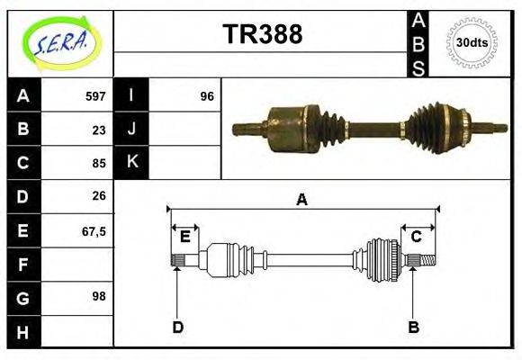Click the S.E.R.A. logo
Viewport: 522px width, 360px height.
(x=60, y=42)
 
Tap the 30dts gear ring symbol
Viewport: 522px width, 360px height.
(x=472, y=43)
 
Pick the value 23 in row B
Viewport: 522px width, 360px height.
(x=99, y=130)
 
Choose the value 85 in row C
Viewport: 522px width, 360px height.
(x=99, y=164)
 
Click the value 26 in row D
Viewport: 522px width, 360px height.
(x=99, y=196)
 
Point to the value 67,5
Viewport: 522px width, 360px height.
(x=94, y=230)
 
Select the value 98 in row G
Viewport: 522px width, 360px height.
(x=99, y=296)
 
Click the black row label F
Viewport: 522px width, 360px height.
(x=23, y=265)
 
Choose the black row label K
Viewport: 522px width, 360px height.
(x=131, y=162)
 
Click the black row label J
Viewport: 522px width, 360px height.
(x=131, y=130)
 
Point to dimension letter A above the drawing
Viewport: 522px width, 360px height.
(x=302, y=200)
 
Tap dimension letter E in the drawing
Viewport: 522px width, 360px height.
(x=184, y=237)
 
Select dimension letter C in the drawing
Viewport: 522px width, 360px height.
(x=417, y=237)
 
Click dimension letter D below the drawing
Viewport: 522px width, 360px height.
(x=178, y=328)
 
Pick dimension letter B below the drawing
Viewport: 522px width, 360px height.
(x=413, y=328)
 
